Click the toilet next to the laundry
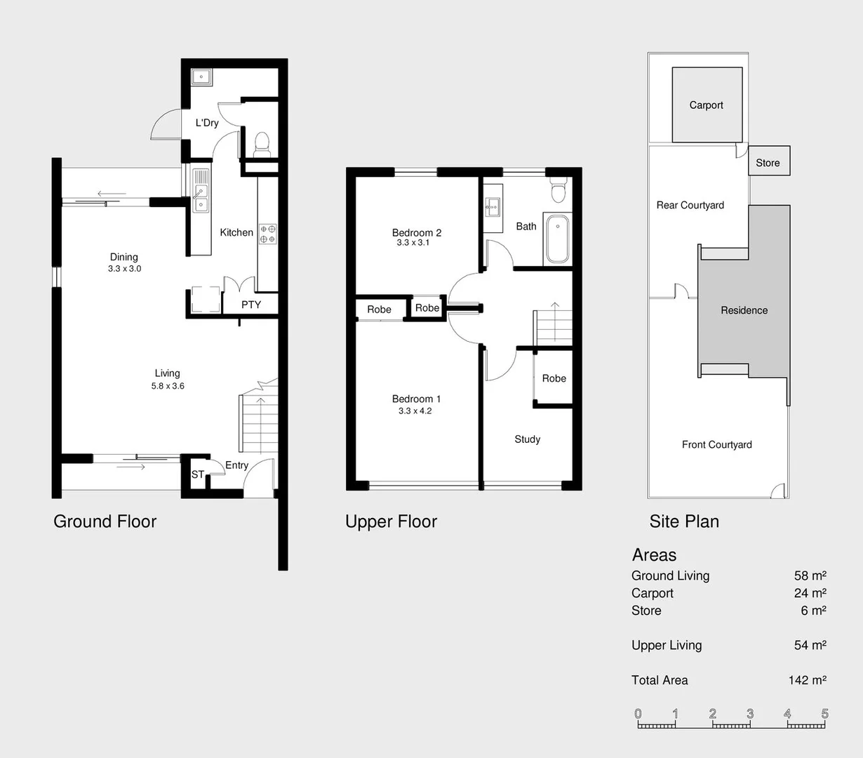click(262, 144)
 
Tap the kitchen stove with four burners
click(267, 234)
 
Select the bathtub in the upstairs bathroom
click(558, 239)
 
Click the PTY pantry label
click(250, 305)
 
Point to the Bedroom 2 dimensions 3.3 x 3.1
click(413, 243)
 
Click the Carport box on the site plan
click(707, 105)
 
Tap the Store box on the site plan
click(768, 162)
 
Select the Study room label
click(527, 439)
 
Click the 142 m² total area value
click(807, 680)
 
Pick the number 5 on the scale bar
click(824, 714)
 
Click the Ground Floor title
click(105, 521)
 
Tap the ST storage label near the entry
click(197, 475)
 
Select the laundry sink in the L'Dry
click(201, 77)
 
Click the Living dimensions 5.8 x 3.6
click(168, 386)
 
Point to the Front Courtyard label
click(716, 445)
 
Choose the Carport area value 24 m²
click(810, 593)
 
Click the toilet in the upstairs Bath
click(558, 190)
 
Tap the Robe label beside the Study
click(554, 378)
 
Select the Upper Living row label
click(667, 646)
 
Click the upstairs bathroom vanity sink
click(493, 206)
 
